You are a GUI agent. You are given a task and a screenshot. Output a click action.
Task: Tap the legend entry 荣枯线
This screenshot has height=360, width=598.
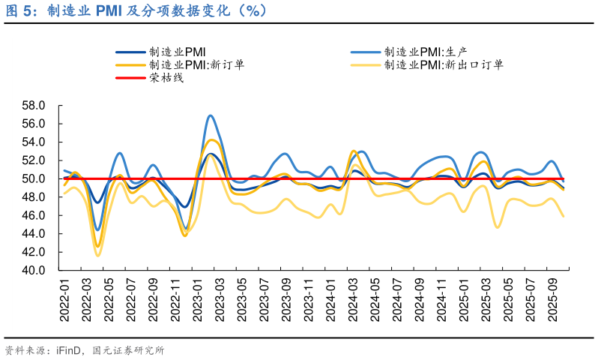click(x=166, y=77)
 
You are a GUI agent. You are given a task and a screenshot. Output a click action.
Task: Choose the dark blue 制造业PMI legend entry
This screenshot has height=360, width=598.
click(x=177, y=52)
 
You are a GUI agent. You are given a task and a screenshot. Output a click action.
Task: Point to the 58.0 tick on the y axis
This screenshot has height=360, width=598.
click(x=35, y=106)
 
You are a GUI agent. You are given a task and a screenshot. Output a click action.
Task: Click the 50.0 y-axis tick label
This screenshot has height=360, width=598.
click(x=35, y=178)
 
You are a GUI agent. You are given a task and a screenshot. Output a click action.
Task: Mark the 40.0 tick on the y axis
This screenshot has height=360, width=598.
click(x=35, y=270)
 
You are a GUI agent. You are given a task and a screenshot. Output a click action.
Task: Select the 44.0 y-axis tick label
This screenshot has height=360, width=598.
click(x=35, y=233)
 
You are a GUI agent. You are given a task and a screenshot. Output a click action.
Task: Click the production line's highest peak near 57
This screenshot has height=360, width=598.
click(x=211, y=115)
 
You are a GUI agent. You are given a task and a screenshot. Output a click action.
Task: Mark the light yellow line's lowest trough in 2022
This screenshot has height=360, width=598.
click(x=97, y=256)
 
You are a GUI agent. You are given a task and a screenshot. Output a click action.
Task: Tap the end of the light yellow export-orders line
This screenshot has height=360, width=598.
click(x=564, y=216)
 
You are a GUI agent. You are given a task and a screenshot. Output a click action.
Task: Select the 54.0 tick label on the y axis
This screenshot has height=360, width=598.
click(x=35, y=142)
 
